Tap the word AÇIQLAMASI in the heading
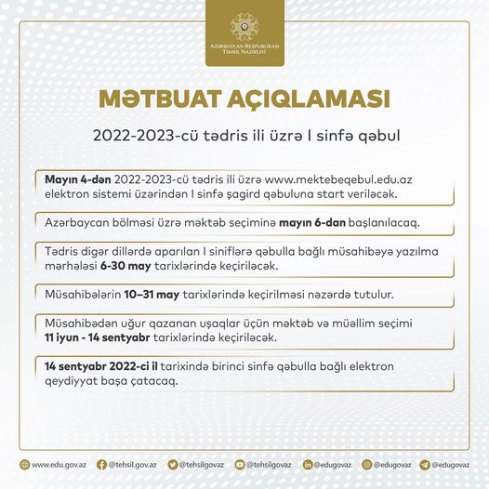313,99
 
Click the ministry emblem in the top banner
245,25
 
